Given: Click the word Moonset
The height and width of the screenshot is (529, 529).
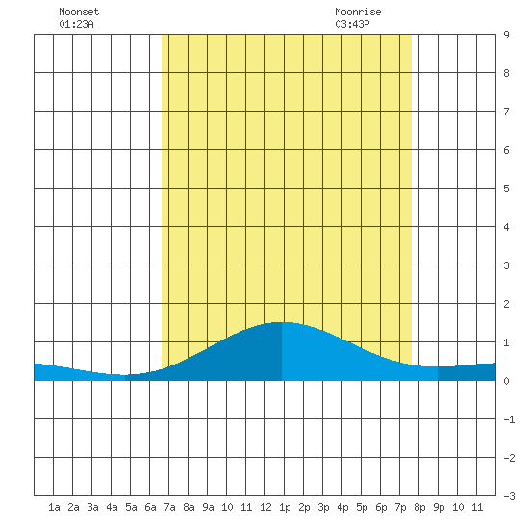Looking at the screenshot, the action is coord(79,12).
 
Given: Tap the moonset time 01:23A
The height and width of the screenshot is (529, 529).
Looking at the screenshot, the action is coord(76,24).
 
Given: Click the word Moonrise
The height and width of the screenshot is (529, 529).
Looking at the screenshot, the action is coord(358,12).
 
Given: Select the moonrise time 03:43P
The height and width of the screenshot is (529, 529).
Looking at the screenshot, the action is coord(352,24).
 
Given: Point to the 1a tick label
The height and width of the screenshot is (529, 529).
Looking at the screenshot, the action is coord(54,507).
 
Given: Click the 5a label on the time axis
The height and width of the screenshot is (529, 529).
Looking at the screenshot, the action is coord(131,507).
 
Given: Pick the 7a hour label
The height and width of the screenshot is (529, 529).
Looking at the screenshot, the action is coord(169,507).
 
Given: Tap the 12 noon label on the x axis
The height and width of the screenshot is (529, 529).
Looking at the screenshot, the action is coord(265,507).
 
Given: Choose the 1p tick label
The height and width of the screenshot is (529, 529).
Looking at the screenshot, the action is coord(285,507).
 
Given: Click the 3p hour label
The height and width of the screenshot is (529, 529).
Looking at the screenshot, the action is coord(323,507).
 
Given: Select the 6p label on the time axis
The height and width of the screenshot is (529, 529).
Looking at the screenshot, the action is coord(381,507).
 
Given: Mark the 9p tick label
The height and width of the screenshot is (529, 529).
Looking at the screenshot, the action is coord(439,507).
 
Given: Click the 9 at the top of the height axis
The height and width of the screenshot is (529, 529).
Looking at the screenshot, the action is coord(506,35).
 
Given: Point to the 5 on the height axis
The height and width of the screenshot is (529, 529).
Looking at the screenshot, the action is coord(506,189).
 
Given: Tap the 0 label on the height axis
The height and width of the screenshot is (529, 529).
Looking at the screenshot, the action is coord(506,381).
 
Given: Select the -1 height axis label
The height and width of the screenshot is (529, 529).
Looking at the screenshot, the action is coord(509,419).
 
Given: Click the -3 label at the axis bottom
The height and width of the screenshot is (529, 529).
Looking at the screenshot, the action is coord(509,496).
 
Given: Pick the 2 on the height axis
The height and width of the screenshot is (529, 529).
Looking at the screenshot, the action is coord(506,304).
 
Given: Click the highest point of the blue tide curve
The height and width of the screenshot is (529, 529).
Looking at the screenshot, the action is coord(282,322).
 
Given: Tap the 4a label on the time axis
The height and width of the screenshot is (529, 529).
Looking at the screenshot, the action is coord(112,507).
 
